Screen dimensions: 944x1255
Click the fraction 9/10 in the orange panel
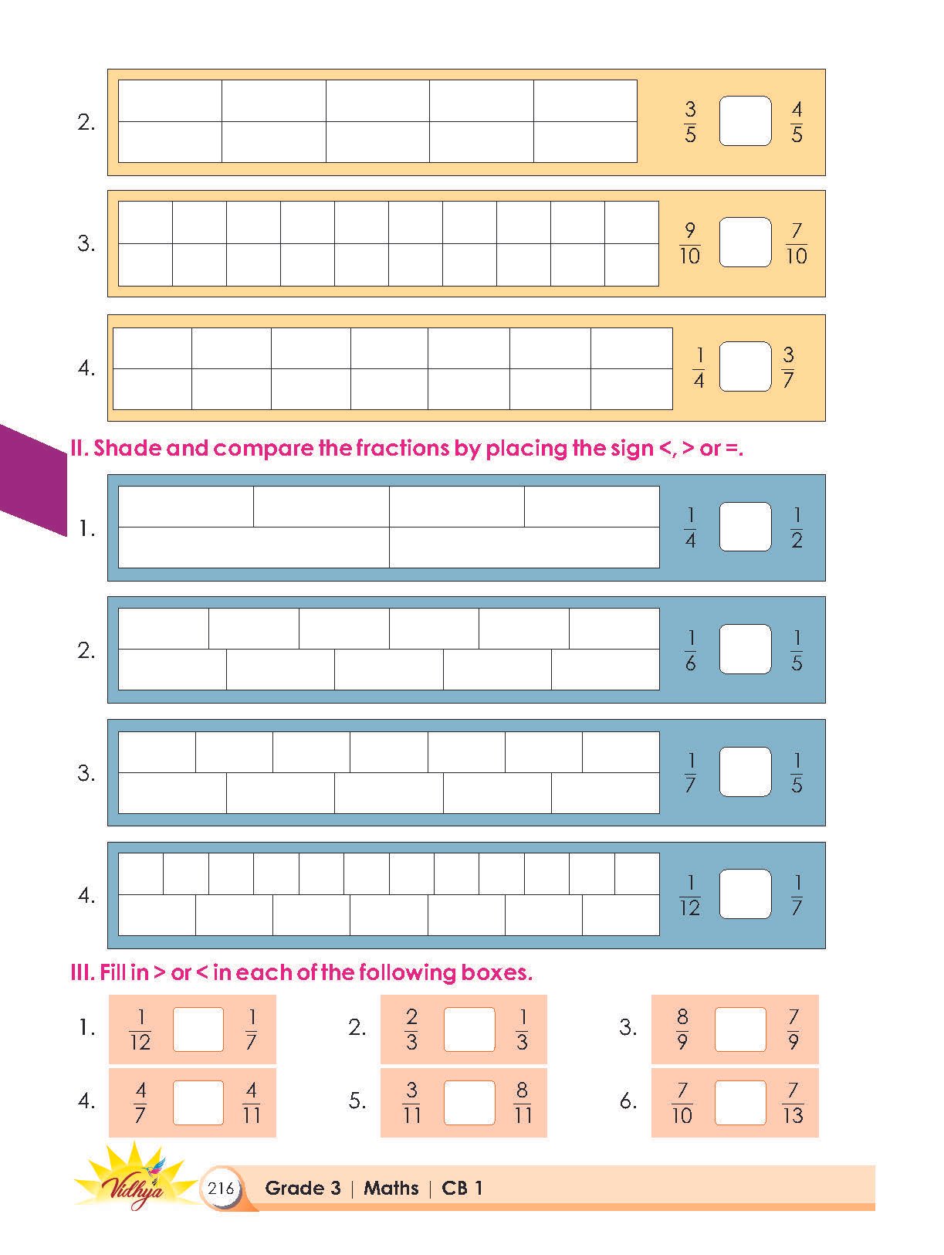(x=690, y=243)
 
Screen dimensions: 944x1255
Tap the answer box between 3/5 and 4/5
(x=745, y=121)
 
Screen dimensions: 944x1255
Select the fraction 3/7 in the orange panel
(x=788, y=367)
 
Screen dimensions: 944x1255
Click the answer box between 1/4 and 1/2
(x=745, y=527)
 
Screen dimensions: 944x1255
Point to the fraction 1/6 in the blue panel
(x=690, y=650)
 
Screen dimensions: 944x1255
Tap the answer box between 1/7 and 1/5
(x=745, y=772)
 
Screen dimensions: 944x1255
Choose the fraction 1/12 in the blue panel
(x=690, y=895)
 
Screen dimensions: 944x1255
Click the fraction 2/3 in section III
(x=411, y=1029)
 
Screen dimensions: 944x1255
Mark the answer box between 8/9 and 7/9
(x=740, y=1029)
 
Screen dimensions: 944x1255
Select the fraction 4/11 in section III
(x=251, y=1102)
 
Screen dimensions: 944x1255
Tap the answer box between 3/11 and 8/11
(x=469, y=1102)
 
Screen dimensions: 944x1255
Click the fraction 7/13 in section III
(x=793, y=1102)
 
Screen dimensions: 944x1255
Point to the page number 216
(x=221, y=1189)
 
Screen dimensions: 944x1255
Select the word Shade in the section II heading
(x=127, y=448)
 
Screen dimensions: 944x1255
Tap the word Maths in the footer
(x=391, y=1188)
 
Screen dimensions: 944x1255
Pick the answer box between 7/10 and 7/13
(x=740, y=1102)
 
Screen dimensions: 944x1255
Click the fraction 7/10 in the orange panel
(x=796, y=243)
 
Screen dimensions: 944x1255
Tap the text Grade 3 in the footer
(x=303, y=1188)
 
